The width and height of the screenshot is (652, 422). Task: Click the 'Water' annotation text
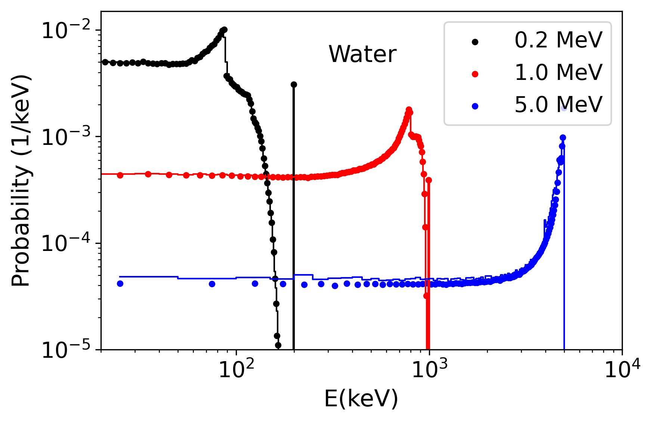click(362, 54)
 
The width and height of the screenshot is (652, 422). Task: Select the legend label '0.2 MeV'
click(558, 40)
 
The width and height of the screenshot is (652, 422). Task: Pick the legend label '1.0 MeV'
click(558, 72)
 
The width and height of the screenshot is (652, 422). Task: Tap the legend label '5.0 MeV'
click(558, 104)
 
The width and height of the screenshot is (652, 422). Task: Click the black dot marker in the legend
click(475, 42)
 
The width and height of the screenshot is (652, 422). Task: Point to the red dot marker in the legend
click(475, 74)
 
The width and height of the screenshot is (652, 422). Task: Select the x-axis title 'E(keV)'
click(361, 398)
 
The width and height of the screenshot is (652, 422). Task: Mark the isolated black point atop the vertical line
click(294, 85)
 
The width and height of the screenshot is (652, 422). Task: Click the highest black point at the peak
click(224, 30)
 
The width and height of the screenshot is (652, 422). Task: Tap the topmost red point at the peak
click(409, 109)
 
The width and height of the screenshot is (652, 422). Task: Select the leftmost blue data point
click(120, 283)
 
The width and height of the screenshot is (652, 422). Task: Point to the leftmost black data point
click(105, 62)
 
